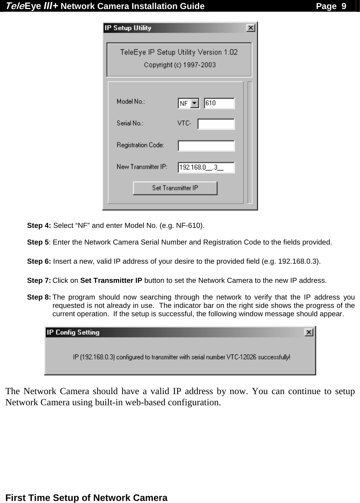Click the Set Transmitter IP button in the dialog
[175, 188]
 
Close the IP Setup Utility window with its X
[250, 28]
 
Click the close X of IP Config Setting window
[308, 333]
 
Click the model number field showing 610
[219, 103]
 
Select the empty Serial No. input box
[216, 124]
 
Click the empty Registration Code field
[206, 146]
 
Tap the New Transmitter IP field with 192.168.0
[206, 168]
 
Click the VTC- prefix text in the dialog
[184, 123]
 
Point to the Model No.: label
[131, 102]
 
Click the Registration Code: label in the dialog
[140, 145]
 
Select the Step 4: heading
[39, 225]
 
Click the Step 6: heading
[39, 262]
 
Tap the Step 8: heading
[39, 297]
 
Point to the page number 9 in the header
[343, 6]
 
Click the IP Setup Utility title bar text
[128, 28]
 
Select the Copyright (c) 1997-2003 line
[180, 65]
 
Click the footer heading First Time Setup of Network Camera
[87, 497]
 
